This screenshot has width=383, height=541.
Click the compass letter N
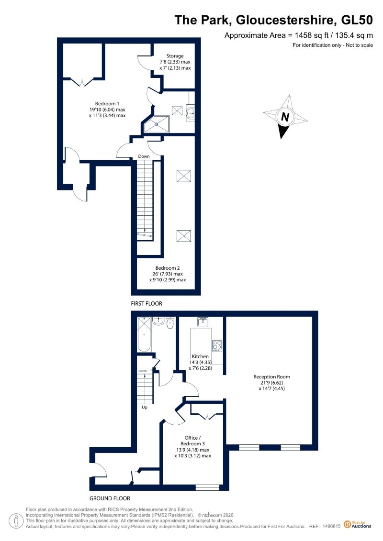[285, 117]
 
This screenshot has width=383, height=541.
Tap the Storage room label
[175, 56]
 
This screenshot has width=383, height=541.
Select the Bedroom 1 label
[107, 103]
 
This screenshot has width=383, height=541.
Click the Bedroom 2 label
[168, 268]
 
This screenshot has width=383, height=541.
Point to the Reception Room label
[272, 377]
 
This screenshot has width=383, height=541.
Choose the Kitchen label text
[200, 356]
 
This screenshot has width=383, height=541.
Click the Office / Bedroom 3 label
[193, 441]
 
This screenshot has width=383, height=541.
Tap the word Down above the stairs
[144, 156]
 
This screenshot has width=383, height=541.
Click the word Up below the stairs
[145, 408]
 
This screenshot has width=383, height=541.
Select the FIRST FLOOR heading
[146, 304]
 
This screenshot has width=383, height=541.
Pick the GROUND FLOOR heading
[110, 498]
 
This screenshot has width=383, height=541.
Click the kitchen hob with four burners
[217, 345]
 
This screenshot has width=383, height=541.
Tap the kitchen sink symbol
[203, 322]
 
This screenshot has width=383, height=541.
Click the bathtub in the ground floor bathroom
[144, 334]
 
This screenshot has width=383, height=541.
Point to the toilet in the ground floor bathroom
[170, 323]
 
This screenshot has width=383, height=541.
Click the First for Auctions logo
[358, 525]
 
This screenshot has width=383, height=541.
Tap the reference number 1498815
[332, 526]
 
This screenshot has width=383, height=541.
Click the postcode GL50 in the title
[357, 20]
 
